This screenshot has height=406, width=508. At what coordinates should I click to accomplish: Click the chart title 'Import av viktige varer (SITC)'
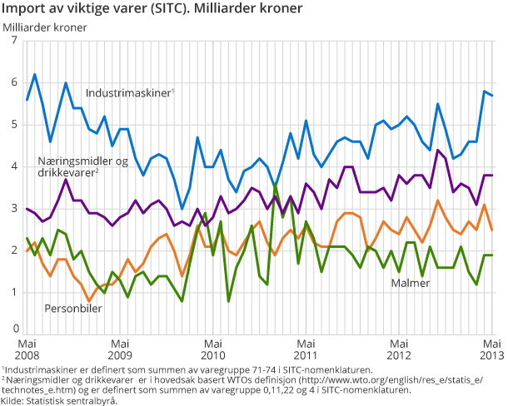pyautogui.click(x=155, y=9)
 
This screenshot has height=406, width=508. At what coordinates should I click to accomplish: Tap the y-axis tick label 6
pyautogui.click(x=13, y=82)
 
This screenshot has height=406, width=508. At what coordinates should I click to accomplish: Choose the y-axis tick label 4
pyautogui.click(x=13, y=166)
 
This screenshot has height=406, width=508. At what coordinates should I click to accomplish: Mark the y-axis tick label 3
pyautogui.click(x=13, y=209)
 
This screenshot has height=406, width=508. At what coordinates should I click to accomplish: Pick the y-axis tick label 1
pyautogui.click(x=13, y=292)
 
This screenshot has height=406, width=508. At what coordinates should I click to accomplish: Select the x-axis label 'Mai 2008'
pyautogui.click(x=27, y=349)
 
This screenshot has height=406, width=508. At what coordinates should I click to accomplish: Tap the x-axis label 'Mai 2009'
pyautogui.click(x=121, y=349)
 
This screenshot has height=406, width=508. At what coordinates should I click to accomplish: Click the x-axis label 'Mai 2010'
pyautogui.click(x=214, y=349)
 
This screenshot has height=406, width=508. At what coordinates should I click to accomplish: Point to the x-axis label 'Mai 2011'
pyautogui.click(x=307, y=349)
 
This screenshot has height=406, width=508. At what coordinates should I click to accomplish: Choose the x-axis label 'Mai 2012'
pyautogui.click(x=401, y=349)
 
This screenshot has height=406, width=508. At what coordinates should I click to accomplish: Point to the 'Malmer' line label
pyautogui.click(x=411, y=284)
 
